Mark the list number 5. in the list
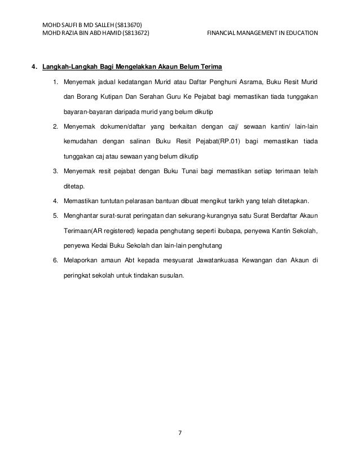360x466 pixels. coord(55,216)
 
